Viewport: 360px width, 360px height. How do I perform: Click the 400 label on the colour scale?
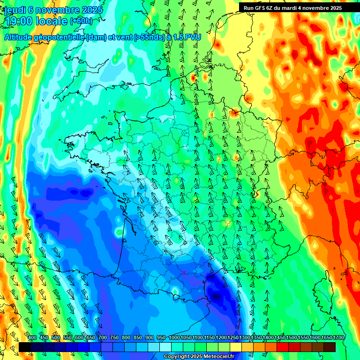pos(32,337)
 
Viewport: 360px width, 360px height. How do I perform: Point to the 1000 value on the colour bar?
pos(174,337)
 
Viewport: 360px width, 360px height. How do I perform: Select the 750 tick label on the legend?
pos(114,337)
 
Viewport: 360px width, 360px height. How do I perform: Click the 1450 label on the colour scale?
pos(280,337)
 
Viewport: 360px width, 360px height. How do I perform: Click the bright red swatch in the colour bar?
pos(283,347)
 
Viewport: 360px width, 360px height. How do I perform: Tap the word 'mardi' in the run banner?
pos(291,8)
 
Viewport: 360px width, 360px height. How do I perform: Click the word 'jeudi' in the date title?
pos(15,9)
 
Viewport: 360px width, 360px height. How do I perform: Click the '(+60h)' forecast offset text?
pos(81,21)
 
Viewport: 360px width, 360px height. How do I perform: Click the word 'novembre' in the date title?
pos(57,9)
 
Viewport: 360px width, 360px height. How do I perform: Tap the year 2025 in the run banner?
pos(335,8)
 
